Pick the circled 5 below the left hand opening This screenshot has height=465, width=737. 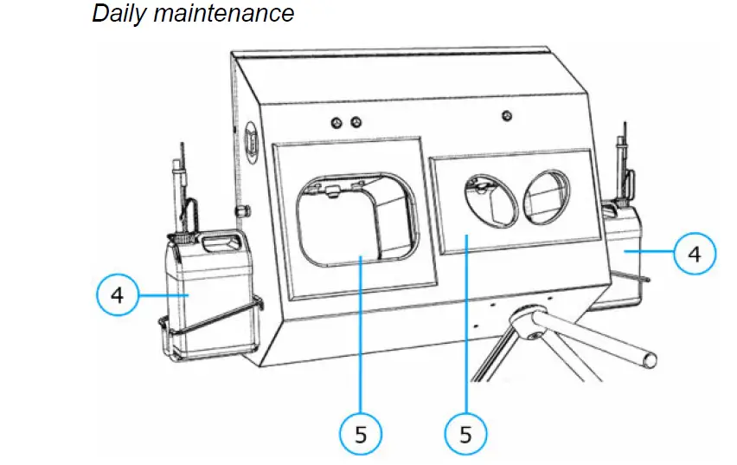361,434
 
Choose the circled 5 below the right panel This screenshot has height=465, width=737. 466,434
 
